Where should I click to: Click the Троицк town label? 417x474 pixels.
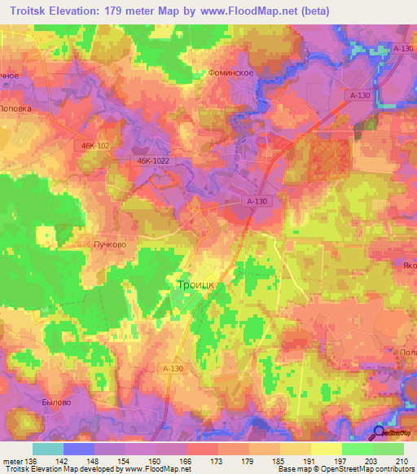(195, 285)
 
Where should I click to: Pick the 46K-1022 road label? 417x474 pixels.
(153, 161)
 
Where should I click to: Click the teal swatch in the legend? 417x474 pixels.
(48, 449)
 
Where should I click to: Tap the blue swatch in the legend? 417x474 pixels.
(79, 449)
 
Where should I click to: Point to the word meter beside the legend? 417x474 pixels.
(12, 460)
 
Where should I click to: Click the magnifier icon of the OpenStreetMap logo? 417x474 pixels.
(379, 432)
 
